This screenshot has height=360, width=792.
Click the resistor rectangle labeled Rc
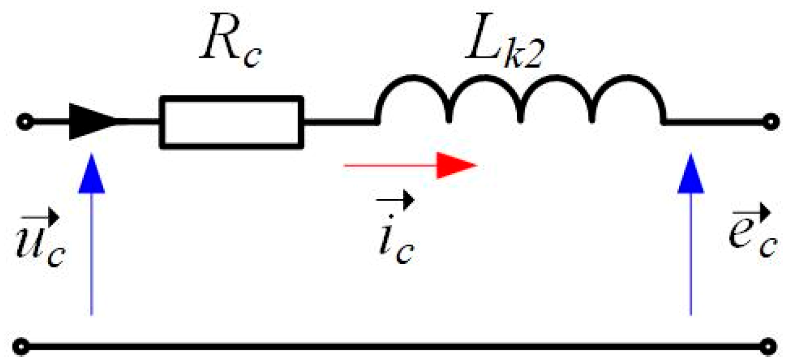click(x=231, y=121)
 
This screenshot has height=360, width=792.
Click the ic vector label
click(x=395, y=237)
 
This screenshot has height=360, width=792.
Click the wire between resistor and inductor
click(x=339, y=122)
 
